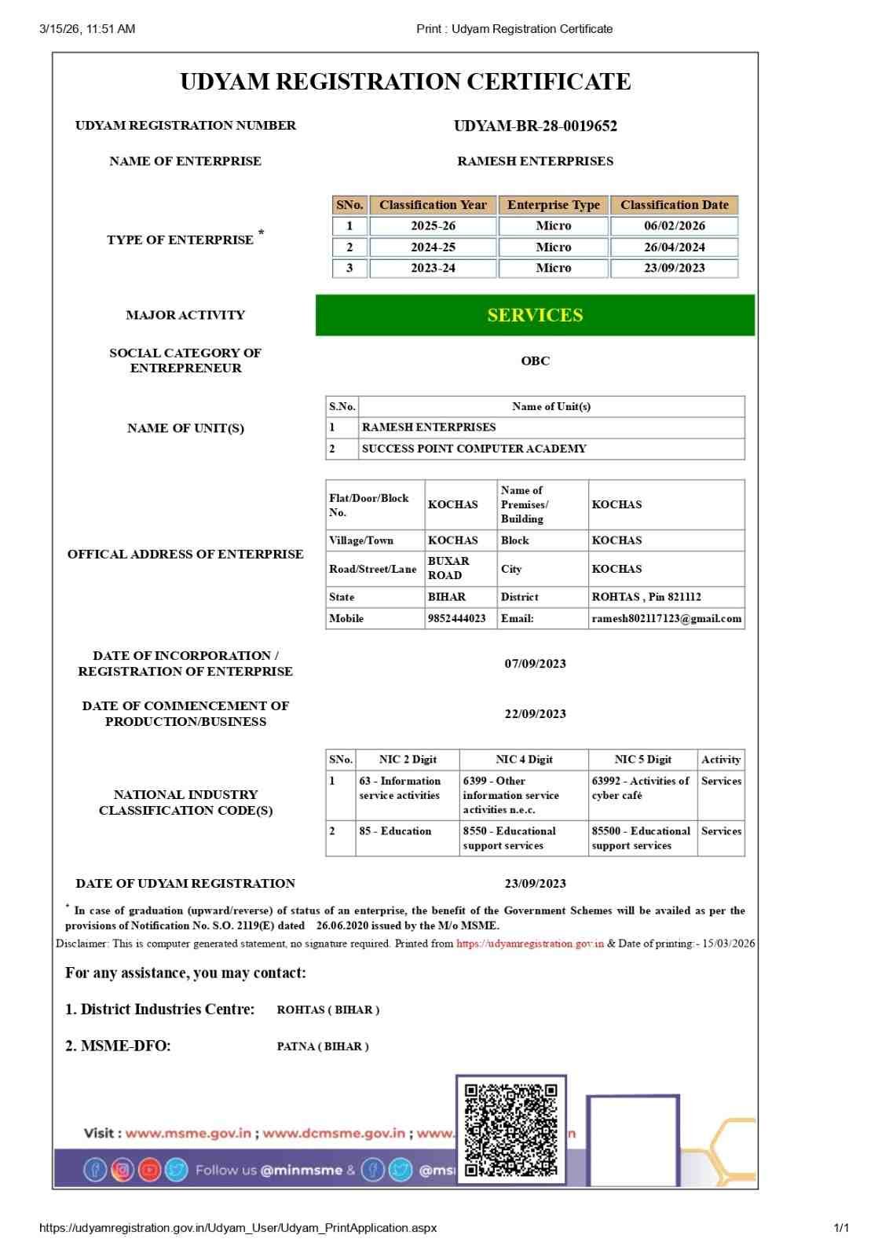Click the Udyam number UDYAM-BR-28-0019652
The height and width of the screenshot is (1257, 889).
coord(535,126)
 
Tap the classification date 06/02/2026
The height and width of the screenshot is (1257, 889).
coord(674,225)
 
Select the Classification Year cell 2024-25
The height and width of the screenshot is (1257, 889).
coord(433,247)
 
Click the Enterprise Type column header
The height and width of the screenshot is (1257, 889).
coord(553,205)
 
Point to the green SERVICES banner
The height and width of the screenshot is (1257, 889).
coord(535,315)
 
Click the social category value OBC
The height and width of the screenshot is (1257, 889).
coord(535,361)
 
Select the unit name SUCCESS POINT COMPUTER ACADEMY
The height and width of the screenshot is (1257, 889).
coord(474,449)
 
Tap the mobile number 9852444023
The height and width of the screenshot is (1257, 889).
coord(456,618)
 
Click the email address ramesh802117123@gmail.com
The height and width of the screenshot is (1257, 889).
coord(666,618)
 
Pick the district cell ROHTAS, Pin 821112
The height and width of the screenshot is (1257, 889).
coord(646,597)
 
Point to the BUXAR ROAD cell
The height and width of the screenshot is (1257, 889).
coord(448,568)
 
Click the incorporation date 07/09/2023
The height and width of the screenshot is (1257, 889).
coord(535,663)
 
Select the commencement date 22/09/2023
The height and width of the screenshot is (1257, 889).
coord(535,713)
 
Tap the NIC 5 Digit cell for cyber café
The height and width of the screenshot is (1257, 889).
coord(640,788)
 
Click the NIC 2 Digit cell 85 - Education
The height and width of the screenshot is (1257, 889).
coord(395,830)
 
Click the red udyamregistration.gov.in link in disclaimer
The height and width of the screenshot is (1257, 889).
coord(530,944)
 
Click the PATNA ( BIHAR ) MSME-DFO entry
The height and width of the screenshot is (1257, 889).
coord(323,1046)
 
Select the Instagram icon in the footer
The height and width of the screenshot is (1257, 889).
coord(123,1170)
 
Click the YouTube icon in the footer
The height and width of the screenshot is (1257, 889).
coord(149,1170)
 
